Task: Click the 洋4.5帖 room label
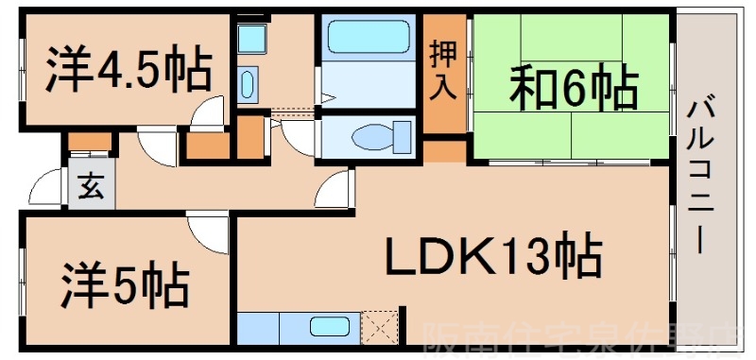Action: click(129, 70)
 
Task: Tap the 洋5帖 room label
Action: click(126, 280)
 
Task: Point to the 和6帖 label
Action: click(573, 89)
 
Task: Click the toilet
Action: click(375, 137)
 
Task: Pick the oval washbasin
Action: click(248, 84)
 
